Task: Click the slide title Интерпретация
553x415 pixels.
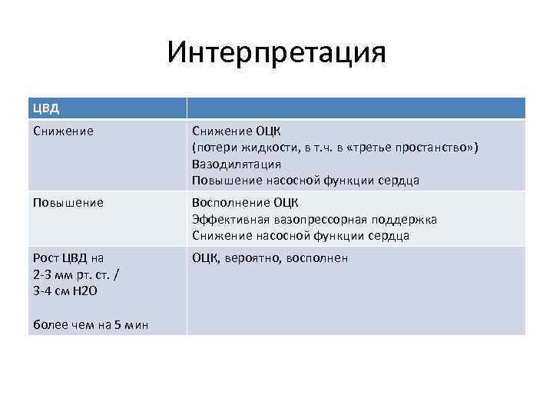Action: point(276,52)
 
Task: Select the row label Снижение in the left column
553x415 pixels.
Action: point(64,131)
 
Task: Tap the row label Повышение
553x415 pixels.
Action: point(68,202)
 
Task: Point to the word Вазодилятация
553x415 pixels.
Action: point(236,164)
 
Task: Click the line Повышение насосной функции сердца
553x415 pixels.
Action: point(306,181)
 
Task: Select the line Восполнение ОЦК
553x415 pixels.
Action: point(245,203)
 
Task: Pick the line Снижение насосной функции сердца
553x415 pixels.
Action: point(300,236)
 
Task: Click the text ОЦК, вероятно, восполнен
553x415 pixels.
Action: point(270,258)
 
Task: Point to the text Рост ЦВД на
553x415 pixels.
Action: point(68,258)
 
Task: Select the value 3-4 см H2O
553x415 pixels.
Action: point(66,291)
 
